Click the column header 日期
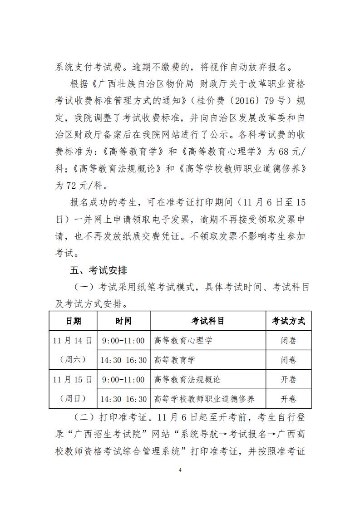tap(73, 321)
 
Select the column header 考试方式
tap(288, 321)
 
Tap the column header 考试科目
tap(207, 321)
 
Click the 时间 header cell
tap(123, 321)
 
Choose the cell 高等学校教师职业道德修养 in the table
tap(204, 399)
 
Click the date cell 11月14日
tap(73, 340)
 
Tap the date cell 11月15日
tap(73, 379)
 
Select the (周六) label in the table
tap(73, 360)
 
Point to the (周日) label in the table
tap(73, 399)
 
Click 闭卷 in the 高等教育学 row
tap(288, 360)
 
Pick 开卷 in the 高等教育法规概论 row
tap(288, 379)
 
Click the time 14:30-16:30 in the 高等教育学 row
tap(123, 360)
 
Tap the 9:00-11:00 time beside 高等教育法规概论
tap(123, 379)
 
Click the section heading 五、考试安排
tap(99, 271)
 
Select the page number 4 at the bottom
tap(180, 470)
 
